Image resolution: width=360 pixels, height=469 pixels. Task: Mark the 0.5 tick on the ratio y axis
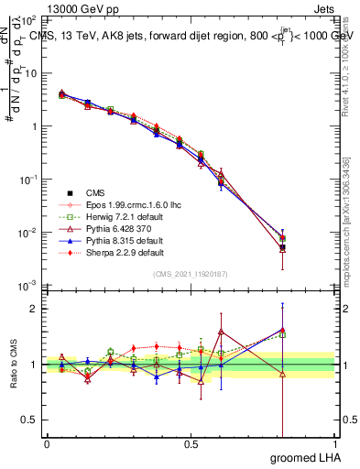[x=29, y=420]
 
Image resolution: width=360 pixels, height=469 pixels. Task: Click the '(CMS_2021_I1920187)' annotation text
[x=190, y=273]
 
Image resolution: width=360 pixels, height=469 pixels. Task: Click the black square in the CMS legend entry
[x=70, y=192]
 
